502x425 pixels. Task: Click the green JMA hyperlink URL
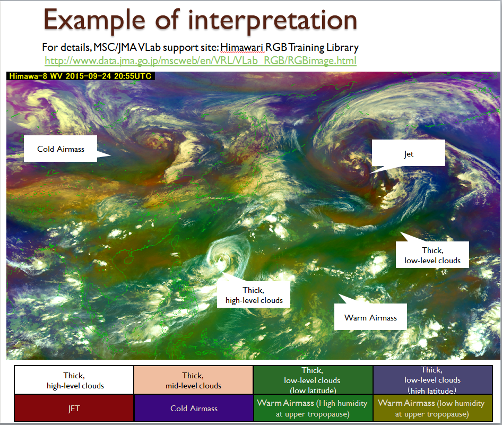coord(201,60)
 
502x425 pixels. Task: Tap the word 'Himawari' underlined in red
coord(243,47)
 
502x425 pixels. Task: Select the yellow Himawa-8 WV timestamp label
coord(80,76)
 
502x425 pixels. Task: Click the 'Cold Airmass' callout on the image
coord(60,149)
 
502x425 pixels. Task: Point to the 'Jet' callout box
coord(408,154)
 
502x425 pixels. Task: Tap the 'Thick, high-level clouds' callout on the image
coord(254,295)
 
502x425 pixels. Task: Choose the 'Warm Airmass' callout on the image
coord(370,317)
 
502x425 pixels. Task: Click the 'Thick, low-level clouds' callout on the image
coord(432,255)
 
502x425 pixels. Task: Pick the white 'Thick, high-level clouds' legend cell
coord(74,380)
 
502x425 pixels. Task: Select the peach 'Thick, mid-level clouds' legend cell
coord(193,380)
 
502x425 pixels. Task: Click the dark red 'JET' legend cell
coord(74,408)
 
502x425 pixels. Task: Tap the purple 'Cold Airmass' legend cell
coord(193,408)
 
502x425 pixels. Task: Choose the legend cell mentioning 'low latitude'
coord(313,380)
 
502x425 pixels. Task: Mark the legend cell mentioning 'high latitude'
coord(432,380)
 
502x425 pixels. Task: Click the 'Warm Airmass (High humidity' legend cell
coord(313,408)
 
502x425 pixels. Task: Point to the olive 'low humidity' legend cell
coord(432,408)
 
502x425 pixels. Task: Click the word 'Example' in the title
coord(94,21)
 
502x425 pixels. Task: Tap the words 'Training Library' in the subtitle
coord(323,47)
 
